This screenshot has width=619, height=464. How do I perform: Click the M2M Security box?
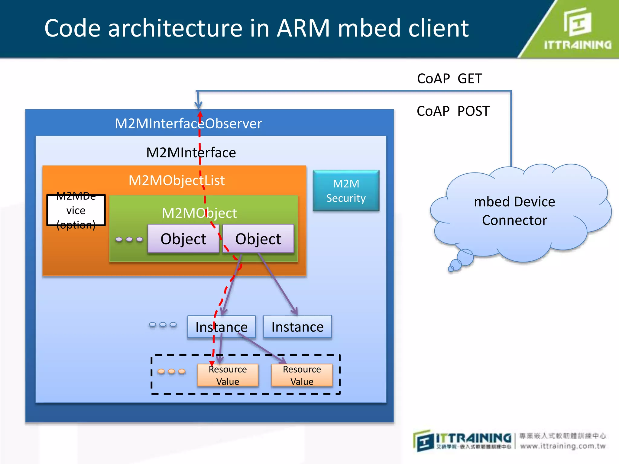pyautogui.click(x=346, y=191)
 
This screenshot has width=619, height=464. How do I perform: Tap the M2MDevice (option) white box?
pyautogui.click(x=76, y=210)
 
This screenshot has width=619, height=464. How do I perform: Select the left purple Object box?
pyautogui.click(x=183, y=239)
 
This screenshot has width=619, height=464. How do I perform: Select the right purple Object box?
pyautogui.click(x=258, y=239)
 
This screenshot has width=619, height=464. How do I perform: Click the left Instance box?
pyautogui.click(x=221, y=327)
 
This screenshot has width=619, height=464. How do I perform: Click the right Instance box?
pyautogui.click(x=297, y=327)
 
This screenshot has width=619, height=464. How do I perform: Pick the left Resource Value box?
pyautogui.click(x=228, y=375)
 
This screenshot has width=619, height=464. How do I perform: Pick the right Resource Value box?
pyautogui.click(x=302, y=375)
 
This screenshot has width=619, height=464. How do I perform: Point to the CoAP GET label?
pyautogui.click(x=449, y=79)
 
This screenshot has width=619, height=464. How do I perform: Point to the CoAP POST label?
pyautogui.click(x=453, y=111)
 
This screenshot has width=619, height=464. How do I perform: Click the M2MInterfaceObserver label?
pyautogui.click(x=188, y=124)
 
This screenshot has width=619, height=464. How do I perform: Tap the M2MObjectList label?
pyautogui.click(x=177, y=180)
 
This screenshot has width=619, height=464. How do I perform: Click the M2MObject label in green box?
pyautogui.click(x=199, y=213)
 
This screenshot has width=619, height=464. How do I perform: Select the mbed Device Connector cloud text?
pyautogui.click(x=514, y=211)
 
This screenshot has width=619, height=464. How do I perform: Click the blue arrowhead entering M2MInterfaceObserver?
pyautogui.click(x=198, y=105)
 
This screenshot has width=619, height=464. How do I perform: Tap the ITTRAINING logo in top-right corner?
pyautogui.click(x=577, y=29)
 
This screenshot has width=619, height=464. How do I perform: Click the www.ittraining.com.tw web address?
pyautogui.click(x=563, y=446)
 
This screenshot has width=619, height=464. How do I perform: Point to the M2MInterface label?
pyautogui.click(x=191, y=153)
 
